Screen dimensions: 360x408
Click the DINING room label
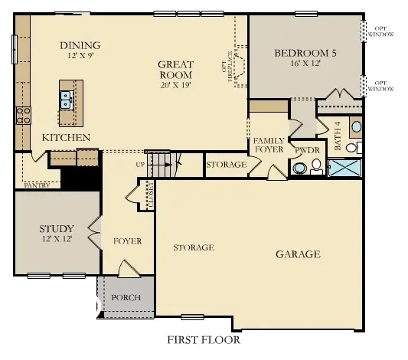coord(80,45)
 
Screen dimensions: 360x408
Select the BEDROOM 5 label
coord(305,53)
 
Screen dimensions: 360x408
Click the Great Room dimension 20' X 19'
coord(175,87)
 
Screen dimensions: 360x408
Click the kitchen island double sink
coord(67,97)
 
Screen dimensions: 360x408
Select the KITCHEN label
coord(66,138)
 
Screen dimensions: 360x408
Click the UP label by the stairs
coord(139,165)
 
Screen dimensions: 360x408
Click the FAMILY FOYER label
coord(269,146)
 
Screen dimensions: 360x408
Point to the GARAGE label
coord(299,254)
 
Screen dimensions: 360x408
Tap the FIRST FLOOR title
coord(203,339)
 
